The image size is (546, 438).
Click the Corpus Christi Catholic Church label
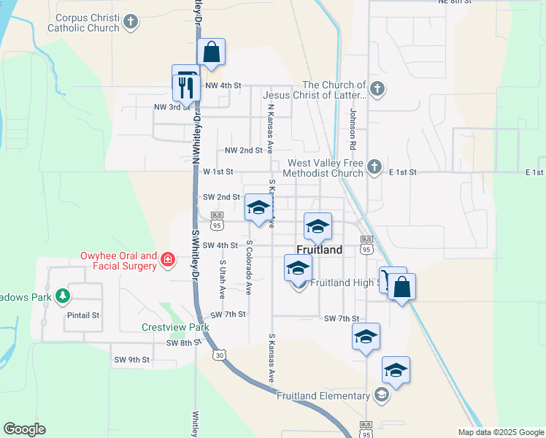click(x=83, y=22)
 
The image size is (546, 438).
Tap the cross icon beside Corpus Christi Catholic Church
click(x=131, y=22)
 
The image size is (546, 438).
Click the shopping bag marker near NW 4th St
click(x=211, y=53)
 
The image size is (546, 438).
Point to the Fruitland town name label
click(x=320, y=250)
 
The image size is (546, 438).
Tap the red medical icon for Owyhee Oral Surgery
click(x=168, y=259)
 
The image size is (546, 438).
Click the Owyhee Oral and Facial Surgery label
click(x=118, y=261)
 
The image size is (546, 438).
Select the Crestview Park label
click(x=175, y=327)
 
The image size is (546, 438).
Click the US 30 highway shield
click(x=218, y=355)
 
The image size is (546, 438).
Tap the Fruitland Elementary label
click(x=323, y=396)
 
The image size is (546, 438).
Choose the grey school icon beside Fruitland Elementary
click(x=380, y=396)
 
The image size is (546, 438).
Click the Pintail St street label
click(x=85, y=316)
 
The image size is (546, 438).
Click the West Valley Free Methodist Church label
click(x=326, y=169)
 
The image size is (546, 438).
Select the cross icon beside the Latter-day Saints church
click(x=377, y=90)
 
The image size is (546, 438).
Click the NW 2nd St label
click(x=243, y=150)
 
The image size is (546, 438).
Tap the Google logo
click(x=24, y=429)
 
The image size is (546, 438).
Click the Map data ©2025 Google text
click(x=500, y=431)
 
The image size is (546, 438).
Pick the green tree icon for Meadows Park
click(x=64, y=296)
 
